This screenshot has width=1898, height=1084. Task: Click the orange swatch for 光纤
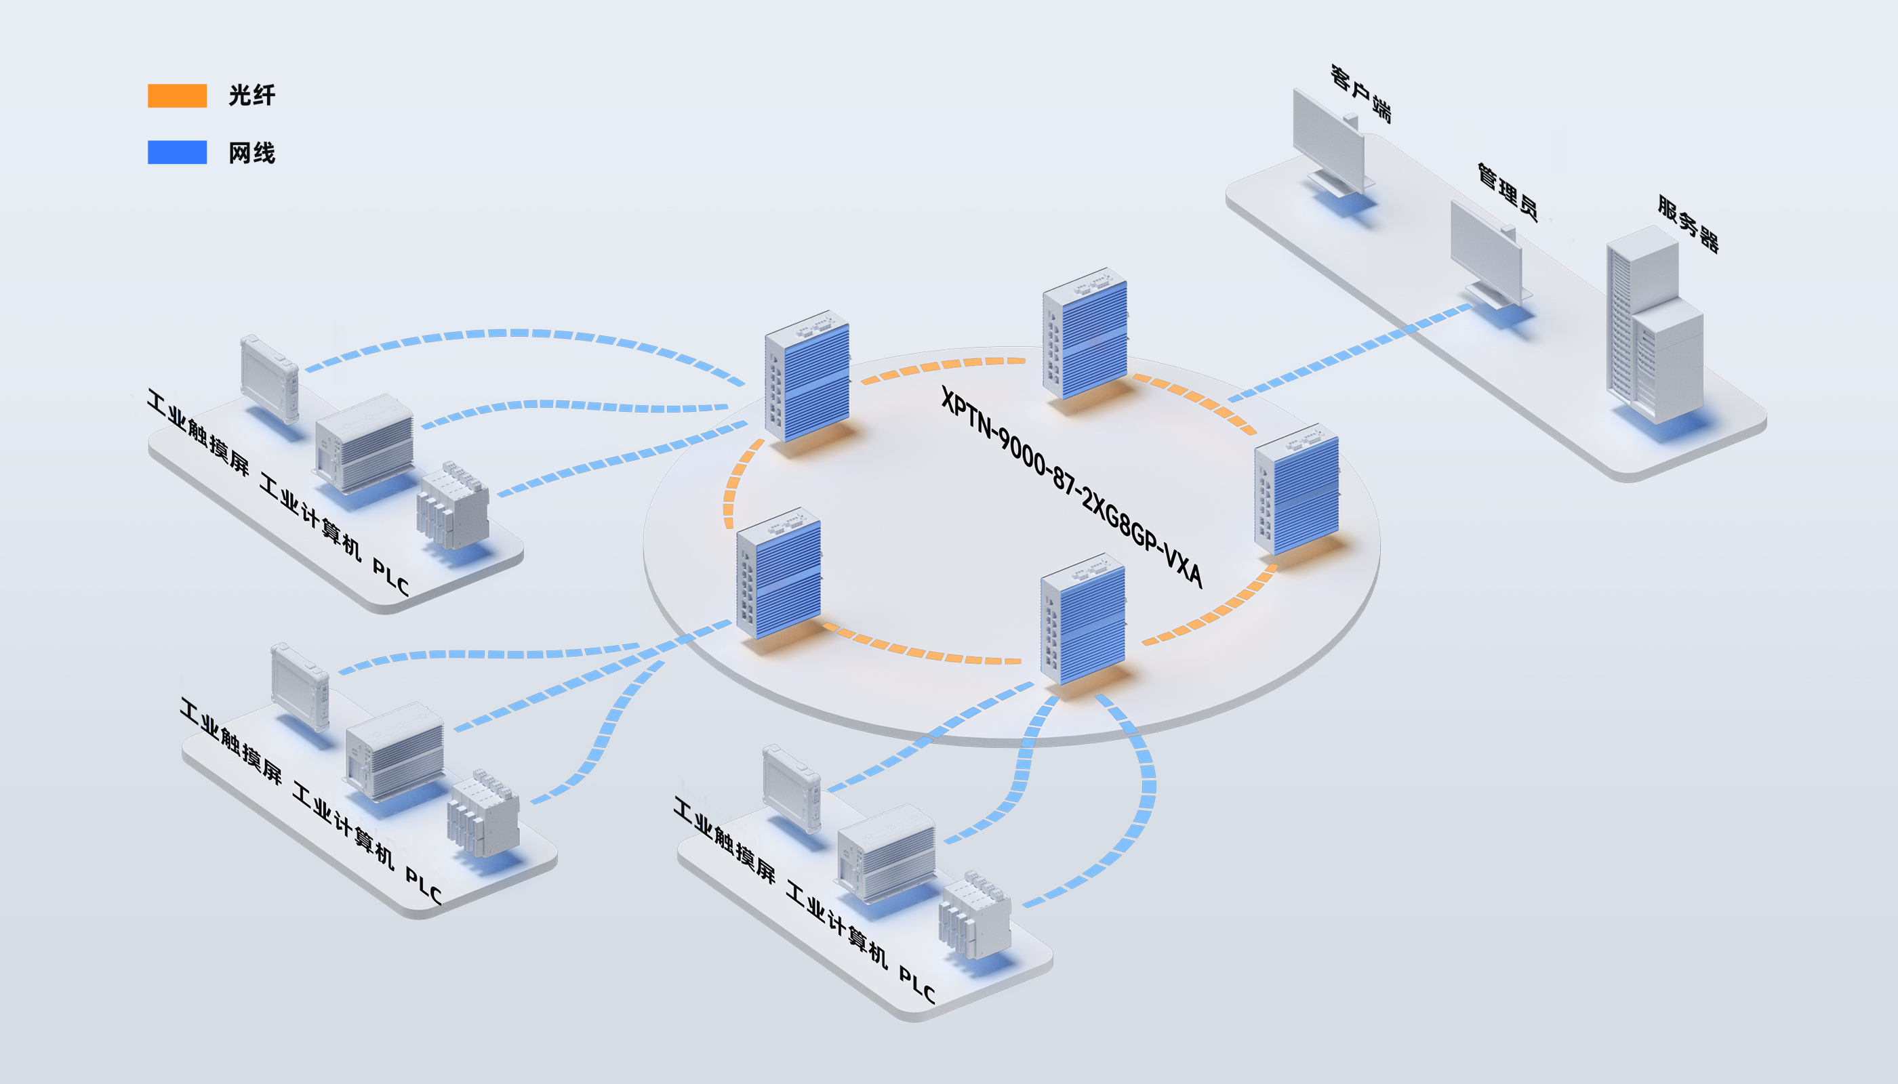click(178, 96)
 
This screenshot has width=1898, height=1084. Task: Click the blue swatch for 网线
click(178, 152)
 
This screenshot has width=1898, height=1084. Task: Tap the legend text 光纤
click(251, 96)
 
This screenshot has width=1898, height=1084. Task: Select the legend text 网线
click(251, 153)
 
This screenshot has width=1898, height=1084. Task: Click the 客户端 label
click(1361, 93)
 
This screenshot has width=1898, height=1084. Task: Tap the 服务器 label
click(1688, 224)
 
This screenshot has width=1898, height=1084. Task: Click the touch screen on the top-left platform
click(270, 378)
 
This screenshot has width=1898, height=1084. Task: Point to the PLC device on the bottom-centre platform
click(975, 915)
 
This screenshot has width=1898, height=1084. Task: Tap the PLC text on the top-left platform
click(391, 578)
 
